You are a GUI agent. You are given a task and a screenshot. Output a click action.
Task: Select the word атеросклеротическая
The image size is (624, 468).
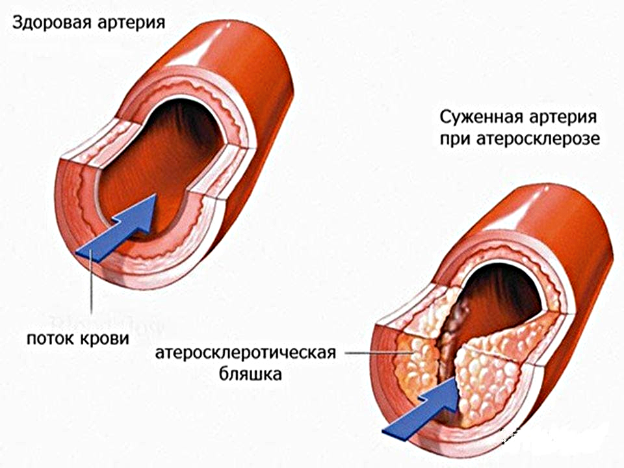point(246,352)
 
